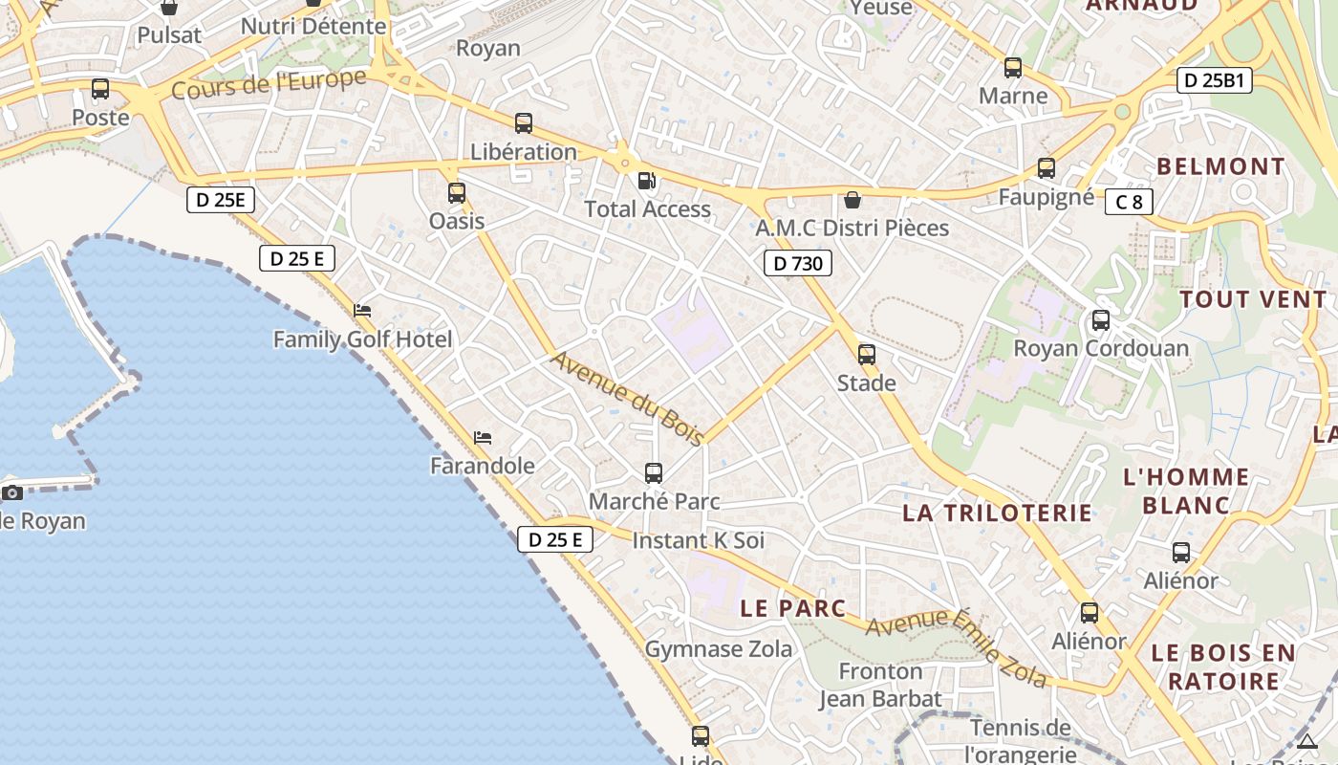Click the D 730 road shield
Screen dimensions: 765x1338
[x=798, y=263]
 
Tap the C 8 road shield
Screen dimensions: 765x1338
[x=1129, y=202]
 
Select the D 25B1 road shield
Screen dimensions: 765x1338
[x=1215, y=80]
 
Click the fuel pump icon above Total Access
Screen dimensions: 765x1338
[x=647, y=180]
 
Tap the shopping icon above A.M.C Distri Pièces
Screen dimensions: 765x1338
[x=852, y=199]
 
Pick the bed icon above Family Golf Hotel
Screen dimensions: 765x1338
[x=362, y=311]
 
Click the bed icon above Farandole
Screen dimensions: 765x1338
[x=483, y=438]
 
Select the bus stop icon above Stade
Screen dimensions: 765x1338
[x=867, y=355]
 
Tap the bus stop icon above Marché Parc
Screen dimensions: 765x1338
[x=654, y=472]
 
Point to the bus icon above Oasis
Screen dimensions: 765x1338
[x=457, y=192]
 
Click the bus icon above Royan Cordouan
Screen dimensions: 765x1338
[x=1101, y=319]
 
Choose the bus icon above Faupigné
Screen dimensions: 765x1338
[x=1047, y=168]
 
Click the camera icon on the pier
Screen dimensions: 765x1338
[x=12, y=492]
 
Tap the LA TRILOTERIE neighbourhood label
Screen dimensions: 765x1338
[x=997, y=513]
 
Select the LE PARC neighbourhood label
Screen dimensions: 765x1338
[x=793, y=608]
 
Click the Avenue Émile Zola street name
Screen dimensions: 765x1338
[x=957, y=647]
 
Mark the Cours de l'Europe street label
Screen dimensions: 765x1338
[x=269, y=84]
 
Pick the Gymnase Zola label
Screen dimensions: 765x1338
[x=719, y=649]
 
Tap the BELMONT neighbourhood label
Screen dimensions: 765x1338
[x=1221, y=166]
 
